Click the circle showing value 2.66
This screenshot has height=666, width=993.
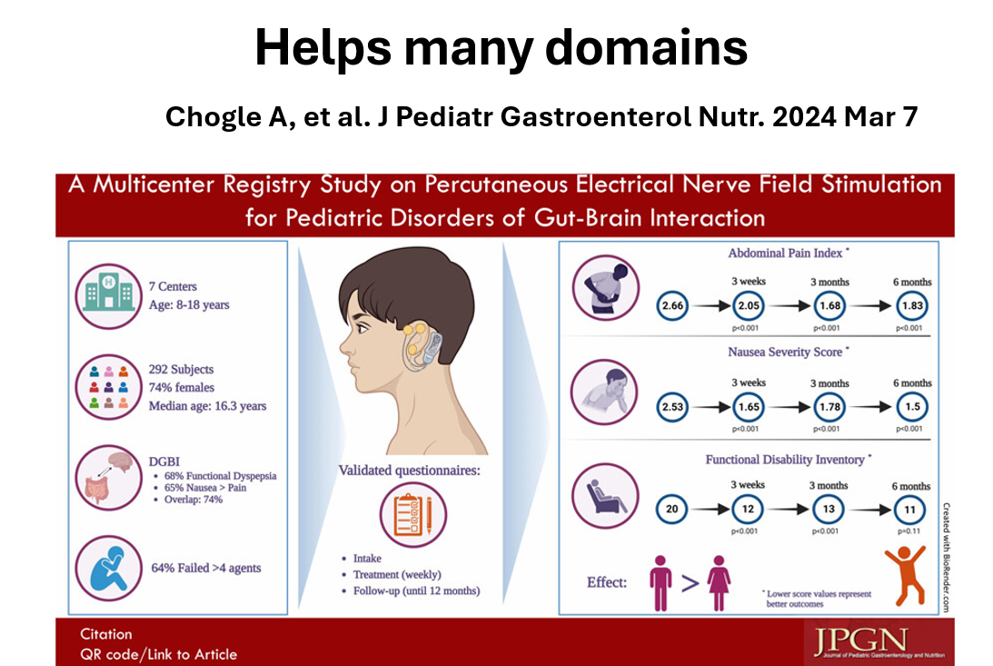pyautogui.click(x=673, y=306)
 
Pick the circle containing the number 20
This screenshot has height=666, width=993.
pyautogui.click(x=673, y=509)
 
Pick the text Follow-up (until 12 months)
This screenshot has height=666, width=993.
pyautogui.click(x=417, y=591)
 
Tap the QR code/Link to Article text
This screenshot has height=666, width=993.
pyautogui.click(x=158, y=653)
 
